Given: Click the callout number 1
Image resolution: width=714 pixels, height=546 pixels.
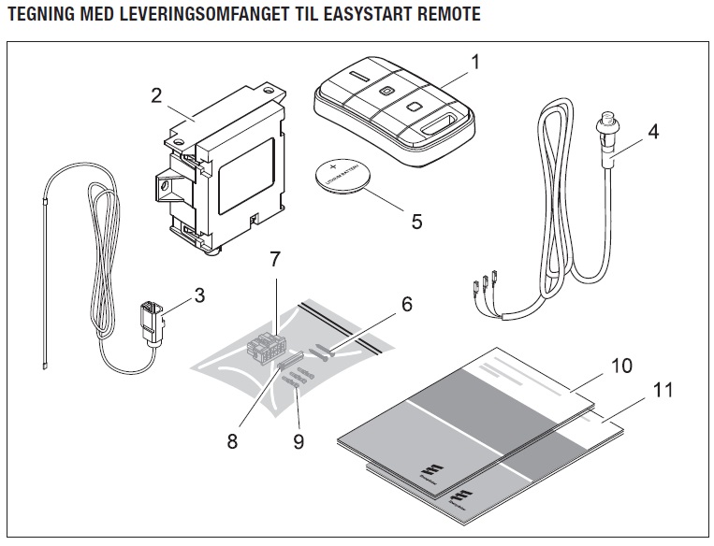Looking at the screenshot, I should pos(475,64).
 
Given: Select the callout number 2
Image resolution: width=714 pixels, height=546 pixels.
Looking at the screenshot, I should pos(156,94).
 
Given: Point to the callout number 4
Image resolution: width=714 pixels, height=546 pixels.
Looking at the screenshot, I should pos(653,132).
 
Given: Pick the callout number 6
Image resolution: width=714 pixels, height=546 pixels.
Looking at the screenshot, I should pos(406,304).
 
